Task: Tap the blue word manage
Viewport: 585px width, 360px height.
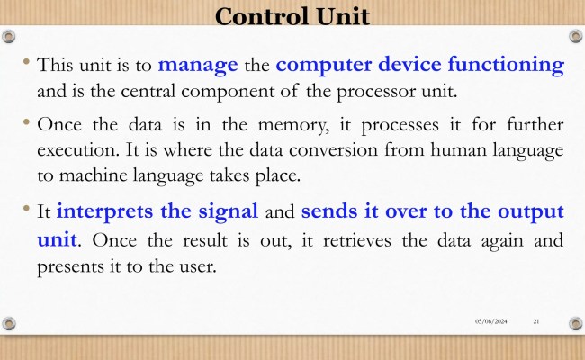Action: tap(198, 65)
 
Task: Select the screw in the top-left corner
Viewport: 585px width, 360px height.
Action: tap(10, 36)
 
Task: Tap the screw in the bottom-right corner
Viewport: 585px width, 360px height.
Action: tap(574, 321)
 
